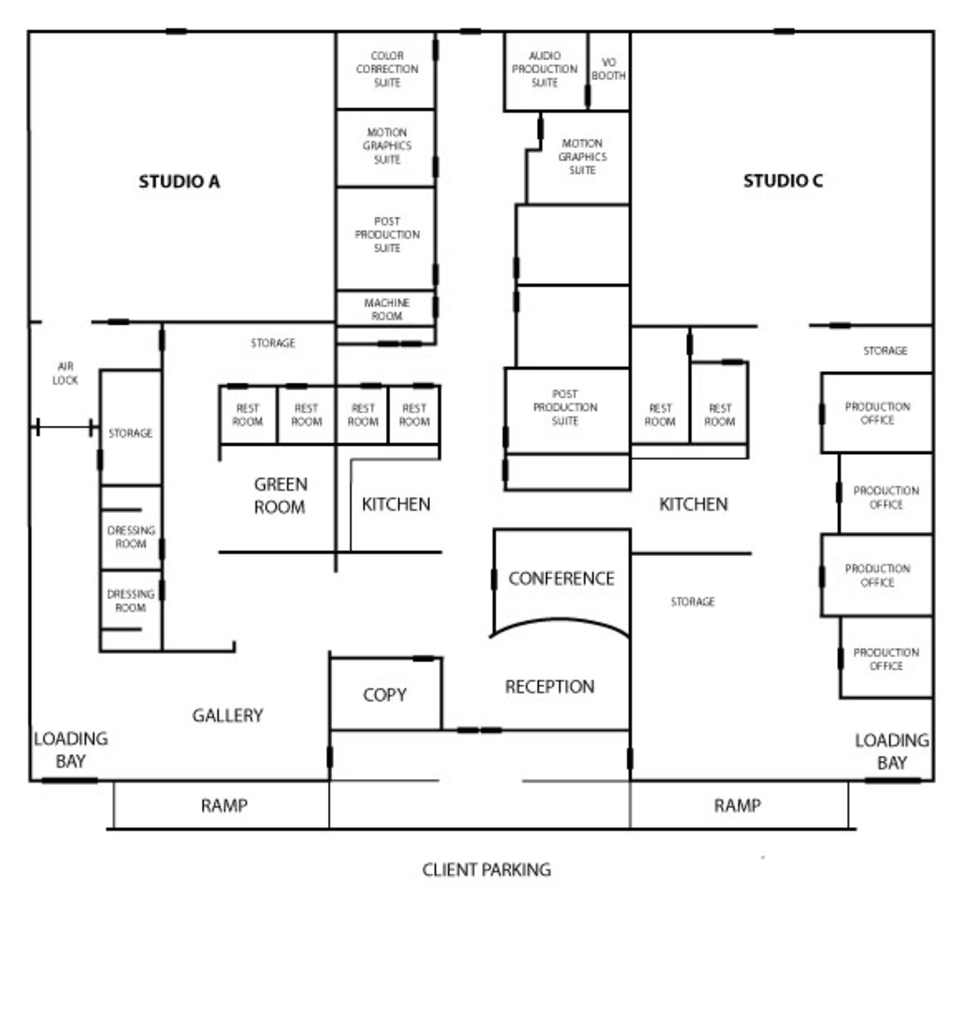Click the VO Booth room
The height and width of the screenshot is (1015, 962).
pos(609,69)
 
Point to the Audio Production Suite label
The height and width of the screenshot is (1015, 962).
pos(545,69)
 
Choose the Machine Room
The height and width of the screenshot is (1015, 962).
pos(387,309)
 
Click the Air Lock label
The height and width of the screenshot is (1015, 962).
pos(65,373)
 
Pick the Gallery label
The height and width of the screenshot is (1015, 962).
pos(228,715)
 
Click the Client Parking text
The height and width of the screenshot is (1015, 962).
pos(486,869)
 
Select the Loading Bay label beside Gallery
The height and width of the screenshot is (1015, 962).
pos(71,749)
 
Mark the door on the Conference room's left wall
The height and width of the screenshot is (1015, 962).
pos(494,579)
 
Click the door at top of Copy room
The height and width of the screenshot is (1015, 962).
pos(424,658)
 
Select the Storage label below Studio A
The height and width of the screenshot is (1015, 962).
pos(273,343)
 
